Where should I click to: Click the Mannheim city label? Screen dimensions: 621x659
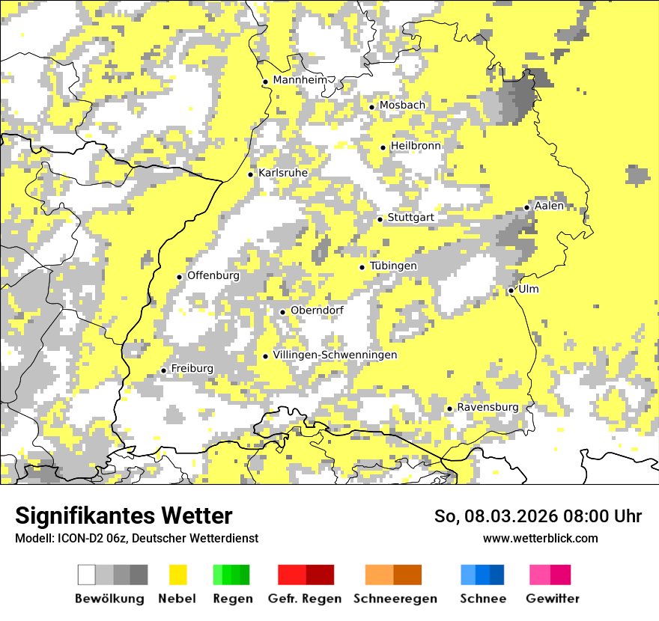(301, 80)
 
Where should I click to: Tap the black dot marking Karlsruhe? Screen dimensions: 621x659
(251, 174)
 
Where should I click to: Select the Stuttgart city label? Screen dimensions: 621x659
(410, 218)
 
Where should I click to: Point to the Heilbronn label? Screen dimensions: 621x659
(416, 146)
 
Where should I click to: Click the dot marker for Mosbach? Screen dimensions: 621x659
(371, 107)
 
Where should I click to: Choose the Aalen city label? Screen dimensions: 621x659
(550, 206)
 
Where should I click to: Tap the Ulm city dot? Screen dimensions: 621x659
(511, 290)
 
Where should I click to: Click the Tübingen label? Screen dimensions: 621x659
(393, 266)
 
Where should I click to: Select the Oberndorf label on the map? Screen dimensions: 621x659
(317, 310)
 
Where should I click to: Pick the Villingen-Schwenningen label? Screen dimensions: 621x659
(335, 355)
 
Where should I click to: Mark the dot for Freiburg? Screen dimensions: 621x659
(163, 370)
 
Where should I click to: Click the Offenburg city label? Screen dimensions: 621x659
(213, 275)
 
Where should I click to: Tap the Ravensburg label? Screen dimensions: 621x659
(488, 407)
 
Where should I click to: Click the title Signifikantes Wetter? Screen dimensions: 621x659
(124, 516)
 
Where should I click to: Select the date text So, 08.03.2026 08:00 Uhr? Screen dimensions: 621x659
(538, 516)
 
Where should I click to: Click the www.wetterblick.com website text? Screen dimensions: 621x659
(540, 538)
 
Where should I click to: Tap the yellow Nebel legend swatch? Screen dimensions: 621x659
(178, 575)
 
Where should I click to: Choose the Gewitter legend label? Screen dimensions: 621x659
(552, 599)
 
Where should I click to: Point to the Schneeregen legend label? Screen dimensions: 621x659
(395, 599)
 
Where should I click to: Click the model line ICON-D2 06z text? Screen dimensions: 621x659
(136, 538)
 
